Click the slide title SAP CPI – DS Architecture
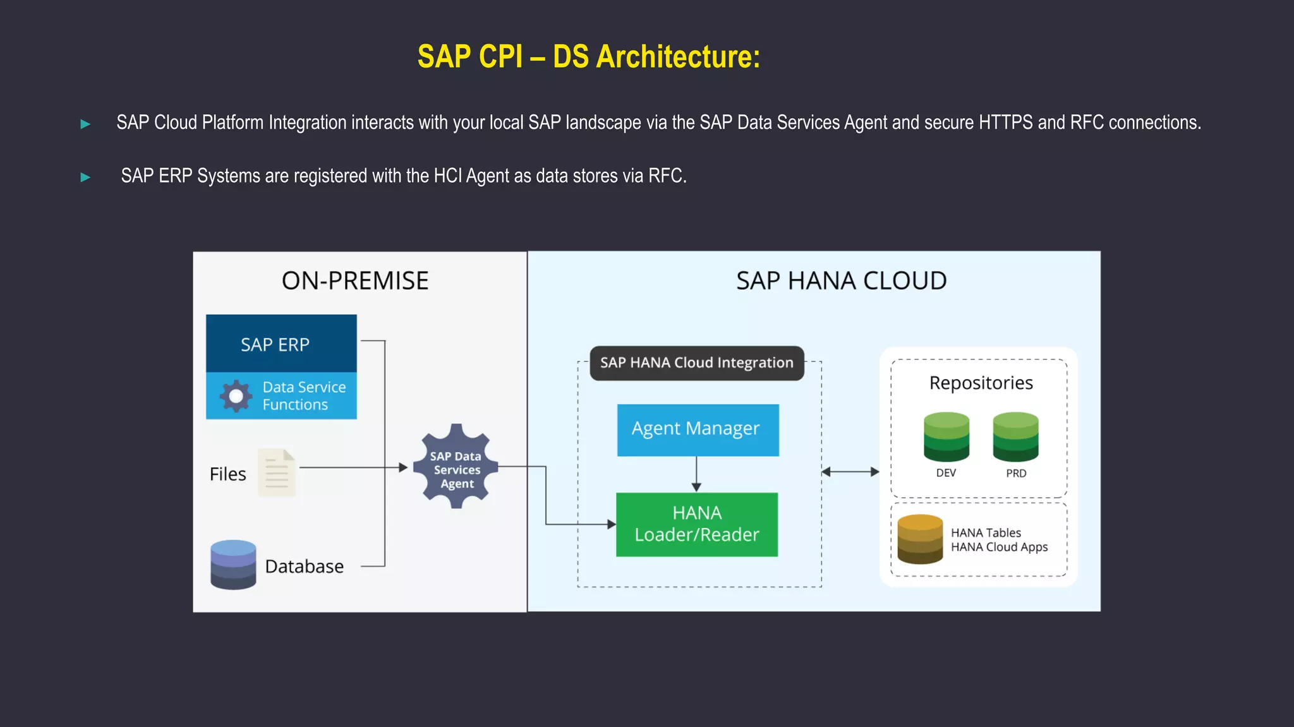click(x=589, y=57)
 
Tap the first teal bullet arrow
click(x=85, y=124)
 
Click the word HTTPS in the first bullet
click(x=1005, y=123)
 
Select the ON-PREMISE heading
click(x=354, y=280)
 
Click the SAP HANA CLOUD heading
click(x=841, y=280)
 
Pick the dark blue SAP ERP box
click(x=281, y=344)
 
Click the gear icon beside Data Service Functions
click(x=236, y=396)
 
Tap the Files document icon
click(x=277, y=472)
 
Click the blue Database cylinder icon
click(x=233, y=565)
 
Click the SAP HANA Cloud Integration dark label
click(x=696, y=363)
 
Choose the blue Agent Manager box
click(x=698, y=430)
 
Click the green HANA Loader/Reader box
click(x=696, y=524)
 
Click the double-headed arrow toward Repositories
click(x=850, y=471)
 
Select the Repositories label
click(x=981, y=383)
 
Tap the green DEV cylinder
click(x=946, y=436)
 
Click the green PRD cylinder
click(x=1015, y=436)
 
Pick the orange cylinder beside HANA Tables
click(x=920, y=539)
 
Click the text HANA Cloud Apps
click(x=999, y=547)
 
